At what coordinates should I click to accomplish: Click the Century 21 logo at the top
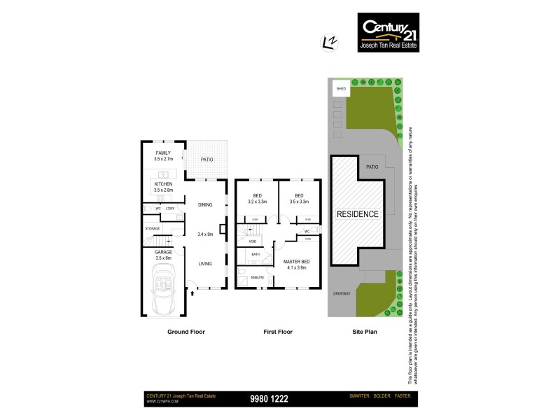pos(388,33)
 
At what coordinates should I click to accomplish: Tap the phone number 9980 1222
pos(269,399)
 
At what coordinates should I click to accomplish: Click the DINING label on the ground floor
pos(205,205)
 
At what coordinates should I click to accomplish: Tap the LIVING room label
pos(205,264)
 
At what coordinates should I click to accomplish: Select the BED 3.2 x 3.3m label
pos(257,199)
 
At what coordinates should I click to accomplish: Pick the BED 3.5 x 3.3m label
pos(299,199)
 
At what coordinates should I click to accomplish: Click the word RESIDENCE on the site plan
pos(358,214)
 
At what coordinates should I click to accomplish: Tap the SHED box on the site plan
pos(342,90)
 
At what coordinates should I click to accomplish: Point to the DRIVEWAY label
pos(341,293)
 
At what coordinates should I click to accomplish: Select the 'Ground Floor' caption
pos(185,332)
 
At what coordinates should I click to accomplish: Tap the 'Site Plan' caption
pos(364,332)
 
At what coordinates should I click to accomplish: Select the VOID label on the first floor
pos(253,241)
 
